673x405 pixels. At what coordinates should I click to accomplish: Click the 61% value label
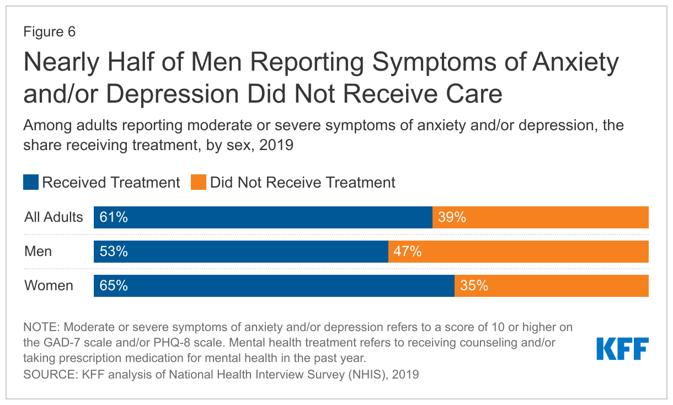coord(114,217)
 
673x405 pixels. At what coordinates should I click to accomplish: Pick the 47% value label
coord(408,252)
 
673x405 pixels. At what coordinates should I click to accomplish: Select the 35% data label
coord(474,286)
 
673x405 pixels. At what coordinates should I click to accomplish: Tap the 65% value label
coord(114,286)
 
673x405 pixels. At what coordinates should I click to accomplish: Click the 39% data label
coord(452,217)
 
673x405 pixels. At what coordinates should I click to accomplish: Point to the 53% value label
coord(114,252)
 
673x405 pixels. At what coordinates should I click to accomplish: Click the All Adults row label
coord(54,217)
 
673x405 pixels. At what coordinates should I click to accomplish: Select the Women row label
coord(49,286)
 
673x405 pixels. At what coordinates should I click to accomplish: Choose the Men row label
coord(38,252)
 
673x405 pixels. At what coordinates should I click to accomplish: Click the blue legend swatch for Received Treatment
coord(31,183)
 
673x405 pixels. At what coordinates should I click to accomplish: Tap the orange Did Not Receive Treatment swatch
coord(199,183)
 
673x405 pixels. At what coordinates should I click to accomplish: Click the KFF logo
coord(622,348)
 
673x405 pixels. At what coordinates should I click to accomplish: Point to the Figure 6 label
coord(49,32)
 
